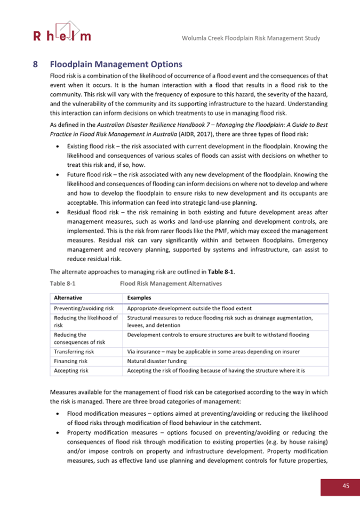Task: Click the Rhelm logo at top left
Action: pyautogui.click(x=62, y=32)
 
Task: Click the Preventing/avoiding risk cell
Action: pyautogui.click(x=84, y=308)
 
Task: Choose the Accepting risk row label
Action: pyautogui.click(x=71, y=370)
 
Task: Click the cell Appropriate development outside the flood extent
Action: pyautogui.click(x=193, y=308)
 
